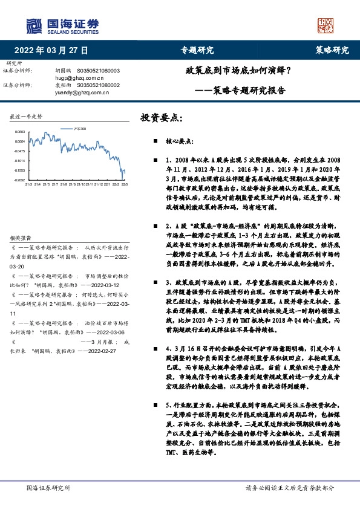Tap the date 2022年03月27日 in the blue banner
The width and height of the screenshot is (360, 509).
coord(55,51)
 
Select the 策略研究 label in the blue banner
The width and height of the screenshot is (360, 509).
coord(332,51)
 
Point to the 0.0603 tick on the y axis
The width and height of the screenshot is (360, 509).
coord(20,132)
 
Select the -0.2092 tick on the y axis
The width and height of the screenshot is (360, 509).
coord(20,180)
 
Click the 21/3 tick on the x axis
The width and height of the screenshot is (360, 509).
coord(28,184)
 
